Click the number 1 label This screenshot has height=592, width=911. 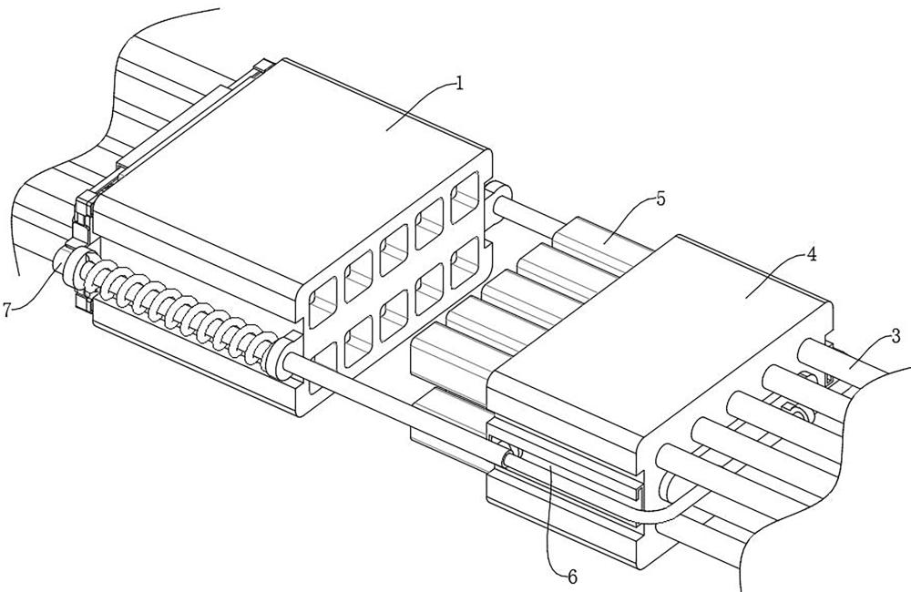[460, 84]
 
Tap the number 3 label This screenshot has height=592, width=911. [896, 336]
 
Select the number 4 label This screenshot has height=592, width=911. [811, 256]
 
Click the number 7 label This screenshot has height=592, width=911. [8, 310]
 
